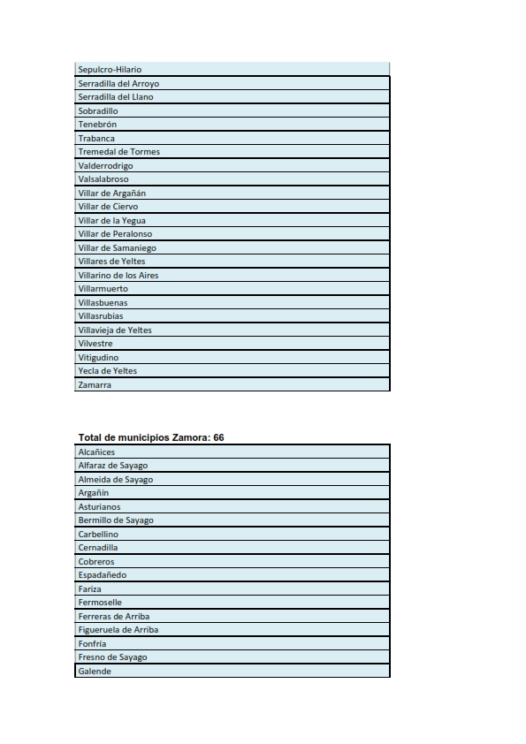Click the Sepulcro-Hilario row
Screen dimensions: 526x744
(x=110, y=70)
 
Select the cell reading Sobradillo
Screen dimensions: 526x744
(x=98, y=111)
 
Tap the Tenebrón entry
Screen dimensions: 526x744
(x=97, y=125)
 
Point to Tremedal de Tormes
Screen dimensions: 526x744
(x=119, y=152)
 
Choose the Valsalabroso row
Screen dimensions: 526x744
(x=103, y=179)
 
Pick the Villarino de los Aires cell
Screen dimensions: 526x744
(x=118, y=276)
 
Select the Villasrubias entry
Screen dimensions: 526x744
(x=101, y=316)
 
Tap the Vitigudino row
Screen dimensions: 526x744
(x=98, y=358)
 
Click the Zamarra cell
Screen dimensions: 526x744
(x=95, y=385)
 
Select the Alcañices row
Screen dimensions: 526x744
(x=96, y=452)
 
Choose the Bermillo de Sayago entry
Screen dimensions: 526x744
(x=116, y=520)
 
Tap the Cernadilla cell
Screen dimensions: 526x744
(x=98, y=548)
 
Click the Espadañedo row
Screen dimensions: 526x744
(x=103, y=575)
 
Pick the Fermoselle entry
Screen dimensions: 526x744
(x=100, y=603)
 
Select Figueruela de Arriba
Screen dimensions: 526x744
(x=118, y=630)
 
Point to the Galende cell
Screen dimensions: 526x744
(x=95, y=672)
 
